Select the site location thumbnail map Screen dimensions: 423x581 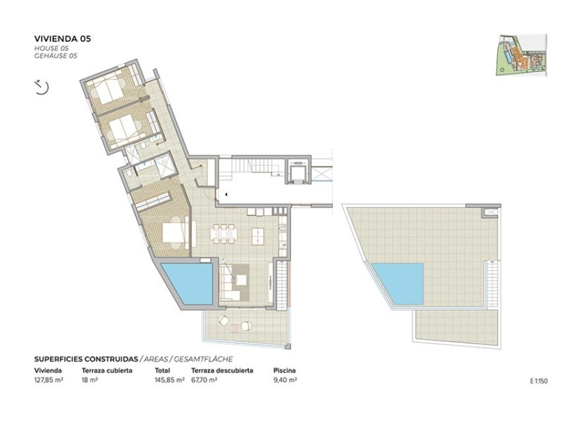click(521, 54)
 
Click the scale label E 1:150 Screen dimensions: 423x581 click(539, 381)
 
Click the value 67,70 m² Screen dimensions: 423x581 click(205, 380)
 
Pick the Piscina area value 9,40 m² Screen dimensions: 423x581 click(285, 380)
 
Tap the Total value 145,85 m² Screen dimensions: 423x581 click(168, 380)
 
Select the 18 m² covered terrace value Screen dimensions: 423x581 click(90, 380)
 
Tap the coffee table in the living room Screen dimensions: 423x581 click(241, 280)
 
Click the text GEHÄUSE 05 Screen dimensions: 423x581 click(55, 56)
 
